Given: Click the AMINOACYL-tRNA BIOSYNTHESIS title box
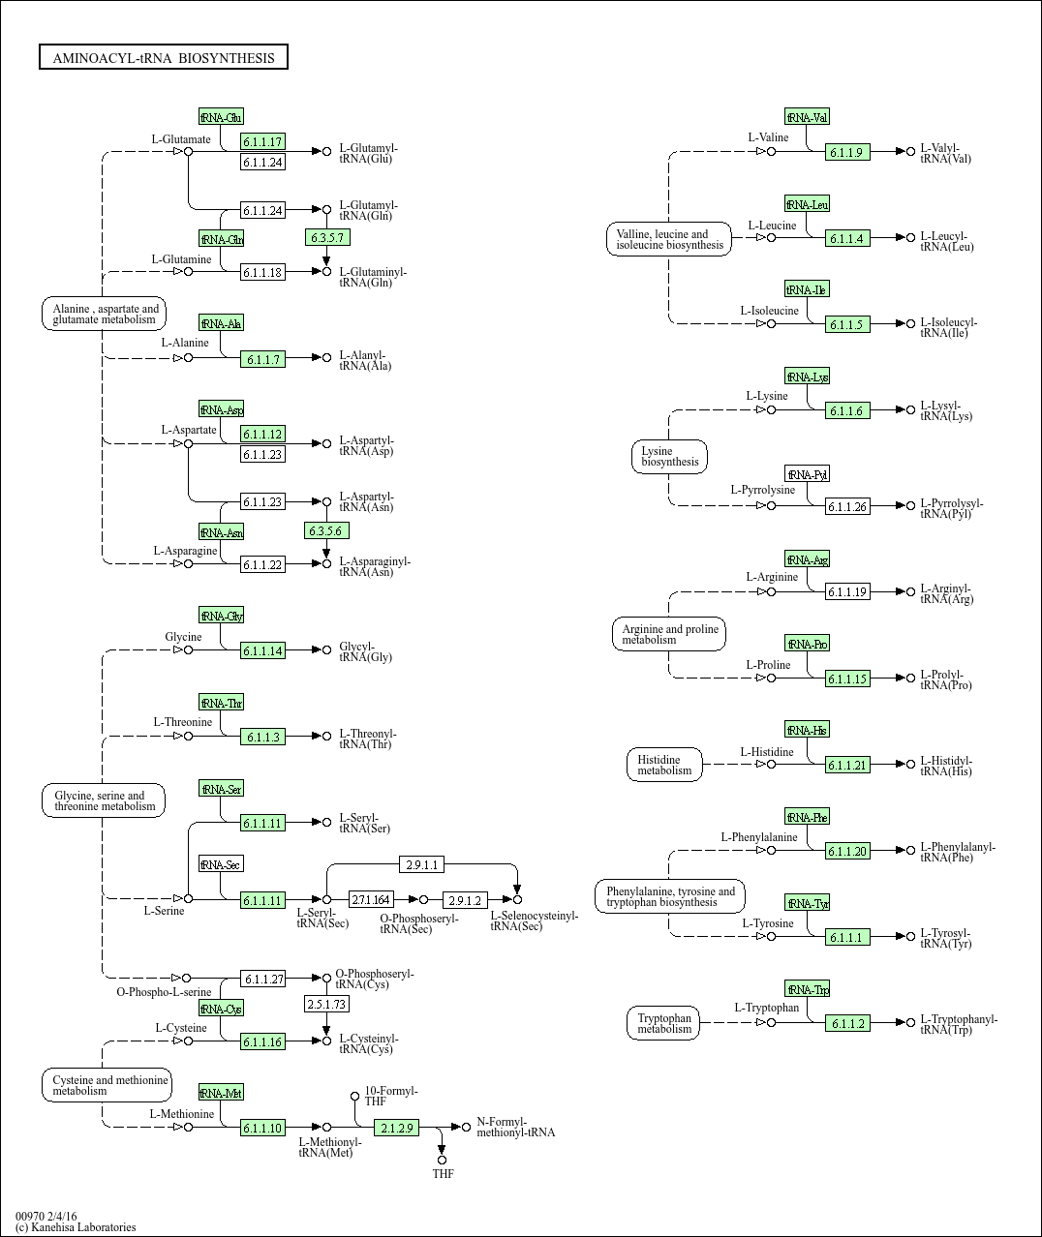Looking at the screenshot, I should [164, 58].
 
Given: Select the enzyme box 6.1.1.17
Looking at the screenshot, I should [262, 141].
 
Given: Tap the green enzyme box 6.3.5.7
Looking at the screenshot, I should [326, 237].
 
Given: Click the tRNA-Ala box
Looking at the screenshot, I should [221, 323].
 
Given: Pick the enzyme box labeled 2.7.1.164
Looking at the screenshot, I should [371, 900].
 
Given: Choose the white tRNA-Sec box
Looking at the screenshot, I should [221, 864].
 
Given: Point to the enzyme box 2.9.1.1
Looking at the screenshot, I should [422, 864].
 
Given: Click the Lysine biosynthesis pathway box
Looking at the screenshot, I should [669, 457].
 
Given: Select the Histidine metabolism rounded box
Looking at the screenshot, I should [664, 765].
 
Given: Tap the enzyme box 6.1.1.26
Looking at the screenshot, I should [847, 506].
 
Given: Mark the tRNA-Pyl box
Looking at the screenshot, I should [807, 474].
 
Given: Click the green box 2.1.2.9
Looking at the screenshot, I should [396, 1128].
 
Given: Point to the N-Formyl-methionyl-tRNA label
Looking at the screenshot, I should [515, 1128].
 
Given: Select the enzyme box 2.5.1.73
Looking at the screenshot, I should [326, 1004].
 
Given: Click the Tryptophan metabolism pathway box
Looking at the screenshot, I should [664, 1023].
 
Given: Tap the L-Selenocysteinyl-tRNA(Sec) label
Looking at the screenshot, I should [534, 920].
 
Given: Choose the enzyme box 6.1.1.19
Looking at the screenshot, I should [847, 591].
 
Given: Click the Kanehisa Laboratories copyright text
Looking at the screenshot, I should [76, 1227].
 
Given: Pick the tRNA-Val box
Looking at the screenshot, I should [807, 117].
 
